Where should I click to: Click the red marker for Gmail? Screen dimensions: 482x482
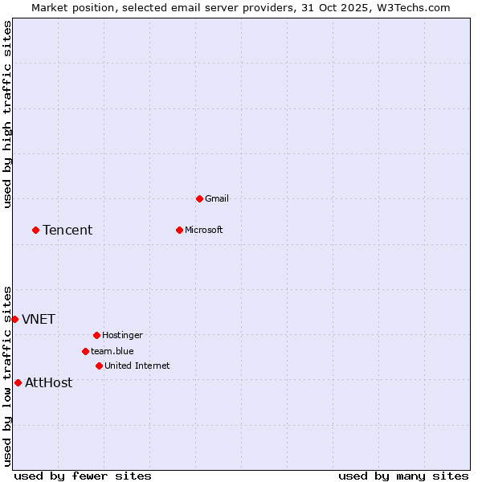pyautogui.click(x=199, y=198)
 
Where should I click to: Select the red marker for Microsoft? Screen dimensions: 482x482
pyautogui.click(x=179, y=230)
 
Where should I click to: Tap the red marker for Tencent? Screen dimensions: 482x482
pyautogui.click(x=35, y=230)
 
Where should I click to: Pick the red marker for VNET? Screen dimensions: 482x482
pyautogui.click(x=14, y=319)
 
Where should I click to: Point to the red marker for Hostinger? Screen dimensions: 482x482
pyautogui.click(x=96, y=335)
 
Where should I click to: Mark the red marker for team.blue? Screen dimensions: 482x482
pyautogui.click(x=85, y=351)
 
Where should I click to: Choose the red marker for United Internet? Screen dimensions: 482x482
pyautogui.click(x=99, y=366)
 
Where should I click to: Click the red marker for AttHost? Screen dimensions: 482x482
pyautogui.click(x=18, y=382)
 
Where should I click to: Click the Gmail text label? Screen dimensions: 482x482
pyautogui.click(x=217, y=198)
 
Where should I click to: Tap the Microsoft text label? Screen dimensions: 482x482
pyautogui.click(x=204, y=230)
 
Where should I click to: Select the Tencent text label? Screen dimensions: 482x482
pyautogui.click(x=67, y=230)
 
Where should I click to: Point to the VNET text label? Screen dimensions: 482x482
pyautogui.click(x=39, y=319)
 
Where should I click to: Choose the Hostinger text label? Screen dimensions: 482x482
pyautogui.click(x=123, y=335)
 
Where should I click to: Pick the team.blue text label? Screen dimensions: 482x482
pyautogui.click(x=112, y=351)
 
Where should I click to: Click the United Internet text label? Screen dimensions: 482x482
pyautogui.click(x=137, y=366)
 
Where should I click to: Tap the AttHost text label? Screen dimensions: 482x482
pyautogui.click(x=49, y=382)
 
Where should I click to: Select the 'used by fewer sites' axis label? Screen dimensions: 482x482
pyautogui.click(x=83, y=476)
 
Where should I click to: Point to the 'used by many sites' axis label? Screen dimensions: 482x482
pyautogui.click(x=403, y=476)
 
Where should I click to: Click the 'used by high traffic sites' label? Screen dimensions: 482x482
pyautogui.click(x=8, y=114)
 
